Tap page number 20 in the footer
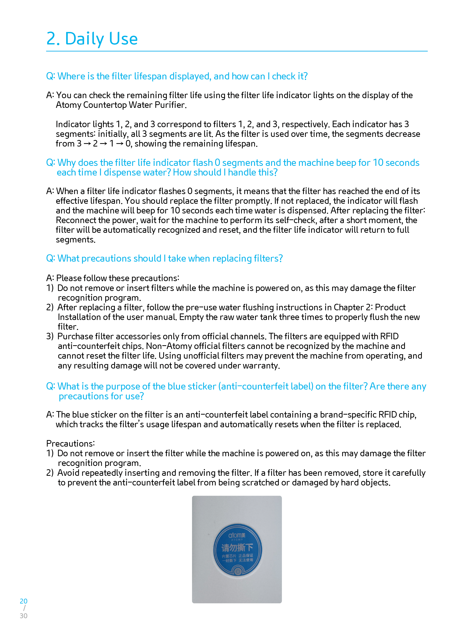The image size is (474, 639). pyautogui.click(x=24, y=601)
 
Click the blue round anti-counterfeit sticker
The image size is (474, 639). pyautogui.click(x=237, y=550)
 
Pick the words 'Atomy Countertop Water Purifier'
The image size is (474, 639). pyautogui.click(x=121, y=105)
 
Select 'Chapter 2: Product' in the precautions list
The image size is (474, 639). pyautogui.click(x=370, y=308)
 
